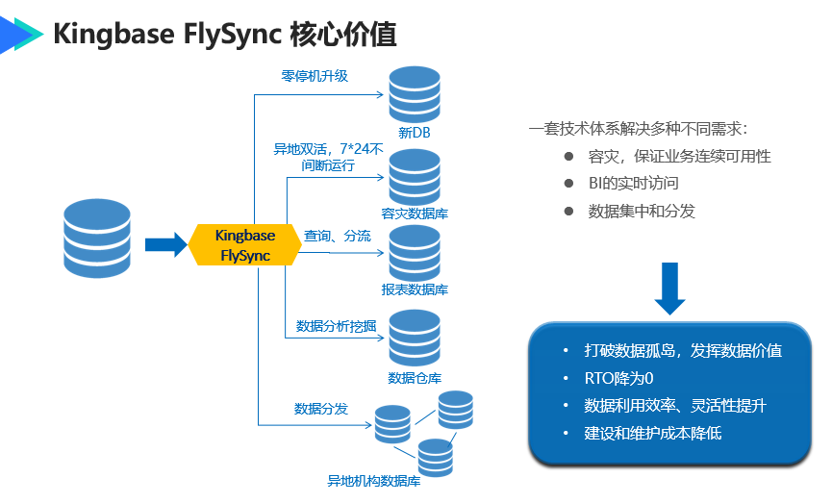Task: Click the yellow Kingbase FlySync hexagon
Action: click(x=245, y=245)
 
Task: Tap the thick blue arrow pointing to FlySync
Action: click(x=165, y=244)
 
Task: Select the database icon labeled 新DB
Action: click(x=414, y=94)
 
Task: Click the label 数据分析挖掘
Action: click(x=336, y=325)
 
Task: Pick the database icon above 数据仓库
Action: click(x=414, y=337)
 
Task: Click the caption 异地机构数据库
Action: click(x=374, y=481)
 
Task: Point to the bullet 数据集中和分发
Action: click(x=642, y=211)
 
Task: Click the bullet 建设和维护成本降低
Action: click(x=653, y=433)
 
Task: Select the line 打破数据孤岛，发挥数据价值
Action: click(x=683, y=350)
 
